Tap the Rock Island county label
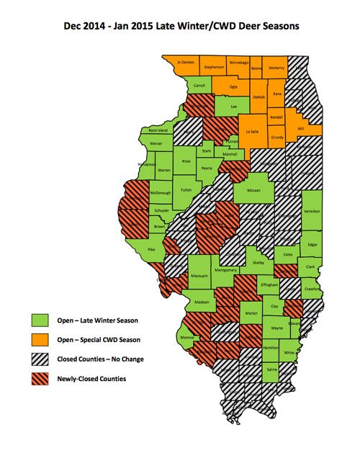(158, 130)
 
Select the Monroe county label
(186, 336)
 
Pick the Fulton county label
(186, 189)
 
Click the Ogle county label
(233, 86)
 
